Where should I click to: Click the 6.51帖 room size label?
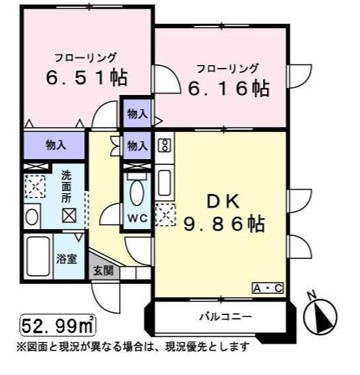coord(86,78)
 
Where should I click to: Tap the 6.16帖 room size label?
coord(229,89)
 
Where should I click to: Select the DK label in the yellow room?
coord(224,202)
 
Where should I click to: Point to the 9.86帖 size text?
coord(225,224)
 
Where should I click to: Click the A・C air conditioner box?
coord(268,288)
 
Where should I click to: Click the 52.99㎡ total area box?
coord(58,326)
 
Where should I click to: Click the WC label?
coord(138,218)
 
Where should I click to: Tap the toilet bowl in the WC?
coord(137,193)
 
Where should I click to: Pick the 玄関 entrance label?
coord(103,270)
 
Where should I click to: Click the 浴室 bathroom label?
coord(67,259)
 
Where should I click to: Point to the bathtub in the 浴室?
coord(38,256)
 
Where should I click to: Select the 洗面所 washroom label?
coord(66,187)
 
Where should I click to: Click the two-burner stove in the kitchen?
coord(165,144)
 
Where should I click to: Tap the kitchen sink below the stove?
coord(165,183)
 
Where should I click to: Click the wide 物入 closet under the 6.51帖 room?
coord(55,146)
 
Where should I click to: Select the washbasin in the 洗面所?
coord(32,216)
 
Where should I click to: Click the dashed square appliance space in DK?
coord(165,214)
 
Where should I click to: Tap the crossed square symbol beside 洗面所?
coord(69,216)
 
